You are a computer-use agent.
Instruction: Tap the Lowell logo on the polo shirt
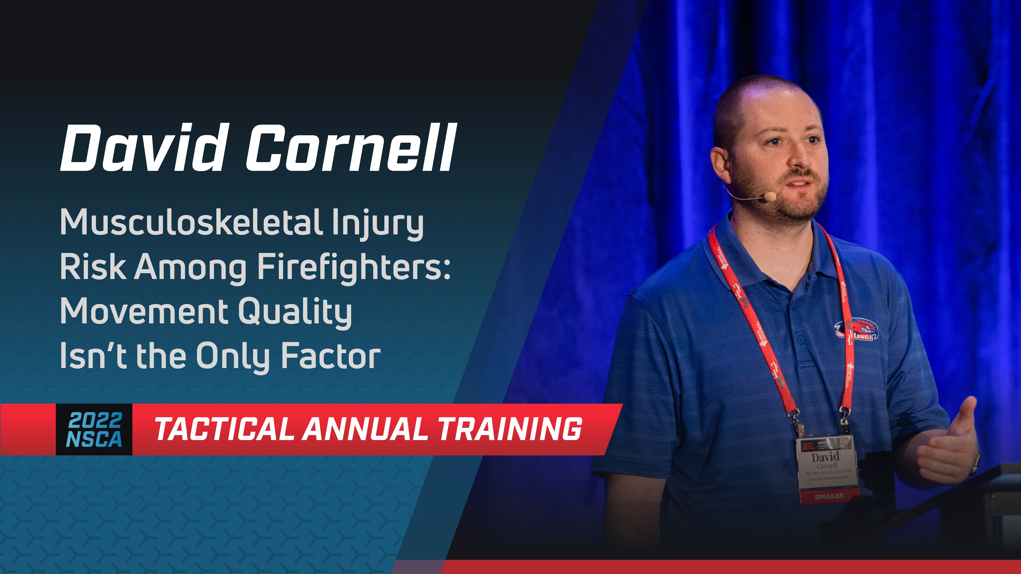(x=856, y=329)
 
